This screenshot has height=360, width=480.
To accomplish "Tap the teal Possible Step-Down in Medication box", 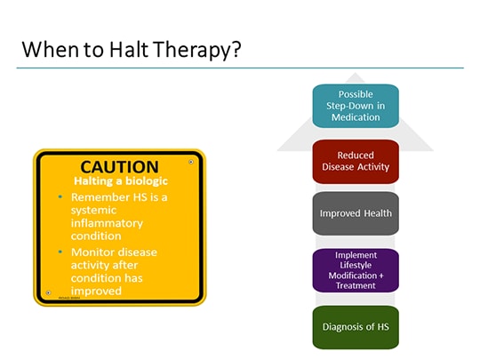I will coord(356,106).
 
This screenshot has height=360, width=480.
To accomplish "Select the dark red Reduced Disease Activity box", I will coord(356,161).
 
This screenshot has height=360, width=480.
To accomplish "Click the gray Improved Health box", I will coord(356,213).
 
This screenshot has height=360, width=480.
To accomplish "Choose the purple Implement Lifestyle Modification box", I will coord(356,270).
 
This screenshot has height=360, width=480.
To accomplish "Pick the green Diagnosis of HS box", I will coord(356,327).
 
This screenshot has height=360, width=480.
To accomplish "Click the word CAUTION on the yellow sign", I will coord(119,166).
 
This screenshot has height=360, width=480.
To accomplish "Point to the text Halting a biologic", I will coord(119,180).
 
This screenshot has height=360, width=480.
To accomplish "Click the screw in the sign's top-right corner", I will coord(191,162).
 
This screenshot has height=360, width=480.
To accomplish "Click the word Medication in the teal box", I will coord(356,116).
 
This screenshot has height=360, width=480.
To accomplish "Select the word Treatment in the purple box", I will coord(356,285).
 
